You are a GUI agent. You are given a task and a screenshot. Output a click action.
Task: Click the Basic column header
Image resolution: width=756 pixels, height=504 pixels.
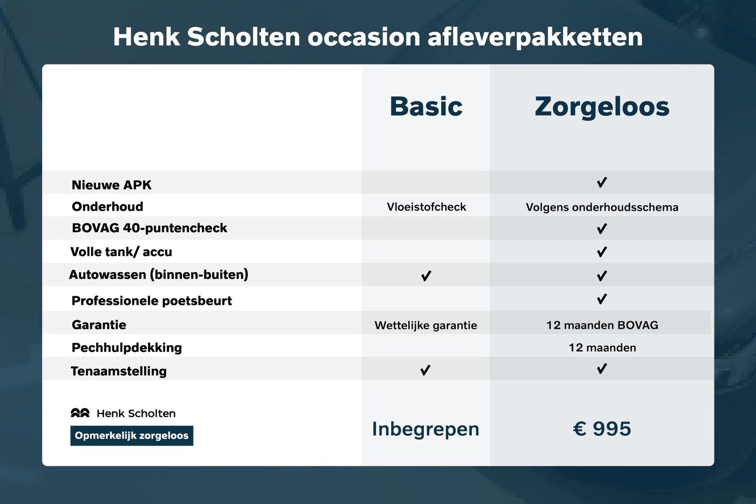pos(426,107)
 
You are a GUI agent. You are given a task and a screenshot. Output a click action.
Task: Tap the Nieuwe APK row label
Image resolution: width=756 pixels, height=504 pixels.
pos(111,185)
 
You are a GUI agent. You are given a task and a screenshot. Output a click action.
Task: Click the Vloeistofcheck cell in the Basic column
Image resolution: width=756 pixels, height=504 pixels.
pos(426,207)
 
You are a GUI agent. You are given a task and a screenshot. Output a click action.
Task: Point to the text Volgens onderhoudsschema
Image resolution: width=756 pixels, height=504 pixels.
pos(602,207)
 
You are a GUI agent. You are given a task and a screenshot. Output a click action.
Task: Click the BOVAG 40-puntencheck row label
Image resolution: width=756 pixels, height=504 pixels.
pos(149,228)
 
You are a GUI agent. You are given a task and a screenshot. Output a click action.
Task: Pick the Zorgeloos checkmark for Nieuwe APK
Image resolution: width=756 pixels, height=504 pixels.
pos(602,183)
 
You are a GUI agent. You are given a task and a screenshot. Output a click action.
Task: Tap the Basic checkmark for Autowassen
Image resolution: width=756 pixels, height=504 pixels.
pos(426,276)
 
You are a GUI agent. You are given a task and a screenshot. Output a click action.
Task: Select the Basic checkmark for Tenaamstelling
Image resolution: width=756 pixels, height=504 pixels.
pos(425,370)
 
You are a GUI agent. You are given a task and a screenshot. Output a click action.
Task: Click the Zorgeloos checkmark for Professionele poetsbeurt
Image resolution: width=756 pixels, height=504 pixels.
pos(602,299)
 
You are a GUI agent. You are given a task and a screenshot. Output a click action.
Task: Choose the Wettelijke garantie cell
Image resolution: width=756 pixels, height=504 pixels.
pos(425,325)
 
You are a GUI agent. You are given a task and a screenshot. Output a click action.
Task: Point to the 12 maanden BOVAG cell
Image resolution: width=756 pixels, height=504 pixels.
pos(602,325)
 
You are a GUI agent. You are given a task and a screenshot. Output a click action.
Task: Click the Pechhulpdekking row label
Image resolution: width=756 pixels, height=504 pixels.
pos(126,348)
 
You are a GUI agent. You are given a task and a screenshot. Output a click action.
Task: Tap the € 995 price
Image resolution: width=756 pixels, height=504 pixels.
pos(602,429)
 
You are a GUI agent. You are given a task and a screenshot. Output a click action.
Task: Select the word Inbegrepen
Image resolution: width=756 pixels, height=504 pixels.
pos(425,429)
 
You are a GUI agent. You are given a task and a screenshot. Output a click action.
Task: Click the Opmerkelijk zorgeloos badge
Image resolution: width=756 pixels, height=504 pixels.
pos(132,436)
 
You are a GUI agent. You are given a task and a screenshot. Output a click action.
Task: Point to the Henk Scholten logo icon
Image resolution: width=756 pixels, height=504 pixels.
pos(80,413)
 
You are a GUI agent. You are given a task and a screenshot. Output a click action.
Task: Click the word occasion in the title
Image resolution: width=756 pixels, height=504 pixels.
pos(364,37)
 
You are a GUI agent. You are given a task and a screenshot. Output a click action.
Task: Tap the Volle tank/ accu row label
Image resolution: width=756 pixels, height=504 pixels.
pos(121,252)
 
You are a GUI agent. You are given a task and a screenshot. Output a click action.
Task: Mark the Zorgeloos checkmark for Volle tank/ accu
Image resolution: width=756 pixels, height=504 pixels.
pos(602,252)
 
